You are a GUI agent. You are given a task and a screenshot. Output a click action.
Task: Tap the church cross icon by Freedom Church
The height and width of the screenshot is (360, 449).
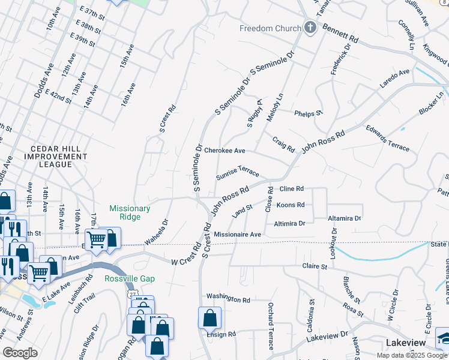(310, 28)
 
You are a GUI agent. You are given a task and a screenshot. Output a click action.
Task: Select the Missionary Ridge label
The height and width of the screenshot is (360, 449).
(130, 212)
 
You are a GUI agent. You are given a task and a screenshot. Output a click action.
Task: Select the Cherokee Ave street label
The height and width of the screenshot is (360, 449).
(224, 151)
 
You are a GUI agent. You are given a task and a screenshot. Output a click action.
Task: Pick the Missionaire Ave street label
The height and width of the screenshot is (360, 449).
(238, 235)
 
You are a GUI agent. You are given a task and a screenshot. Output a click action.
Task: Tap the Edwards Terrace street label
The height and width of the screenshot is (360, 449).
(388, 139)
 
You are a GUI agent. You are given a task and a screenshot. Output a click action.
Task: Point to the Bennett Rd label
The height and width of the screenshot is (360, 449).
(340, 32)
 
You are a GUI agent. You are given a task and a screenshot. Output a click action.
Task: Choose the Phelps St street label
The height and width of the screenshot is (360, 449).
(309, 113)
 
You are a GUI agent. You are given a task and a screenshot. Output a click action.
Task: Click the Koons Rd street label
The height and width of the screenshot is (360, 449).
(291, 205)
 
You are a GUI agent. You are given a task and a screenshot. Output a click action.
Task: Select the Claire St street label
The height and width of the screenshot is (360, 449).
(315, 266)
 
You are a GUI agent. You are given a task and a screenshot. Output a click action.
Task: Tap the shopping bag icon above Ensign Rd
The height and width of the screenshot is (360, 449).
(209, 317)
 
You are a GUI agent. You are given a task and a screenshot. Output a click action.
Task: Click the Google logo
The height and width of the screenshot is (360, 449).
(20, 353)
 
